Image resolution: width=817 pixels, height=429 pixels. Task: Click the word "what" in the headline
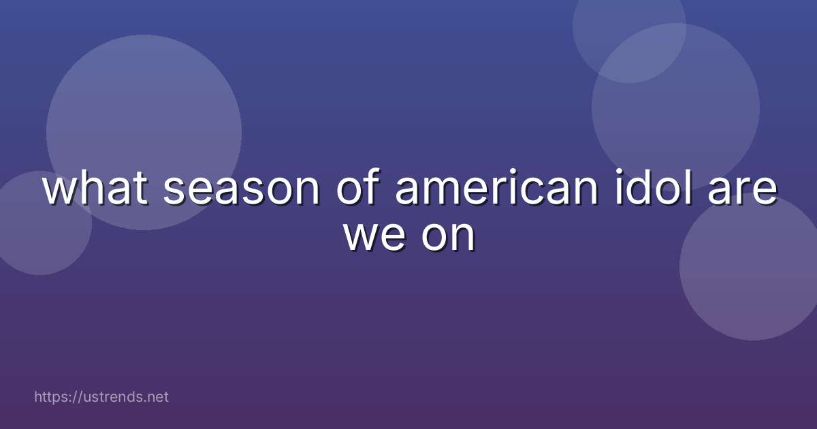[x=95, y=190]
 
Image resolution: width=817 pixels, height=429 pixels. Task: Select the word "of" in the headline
[x=357, y=190]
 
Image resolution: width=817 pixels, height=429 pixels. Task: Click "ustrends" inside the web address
[x=113, y=396]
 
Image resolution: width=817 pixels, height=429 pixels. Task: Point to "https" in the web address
[x=51, y=396]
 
